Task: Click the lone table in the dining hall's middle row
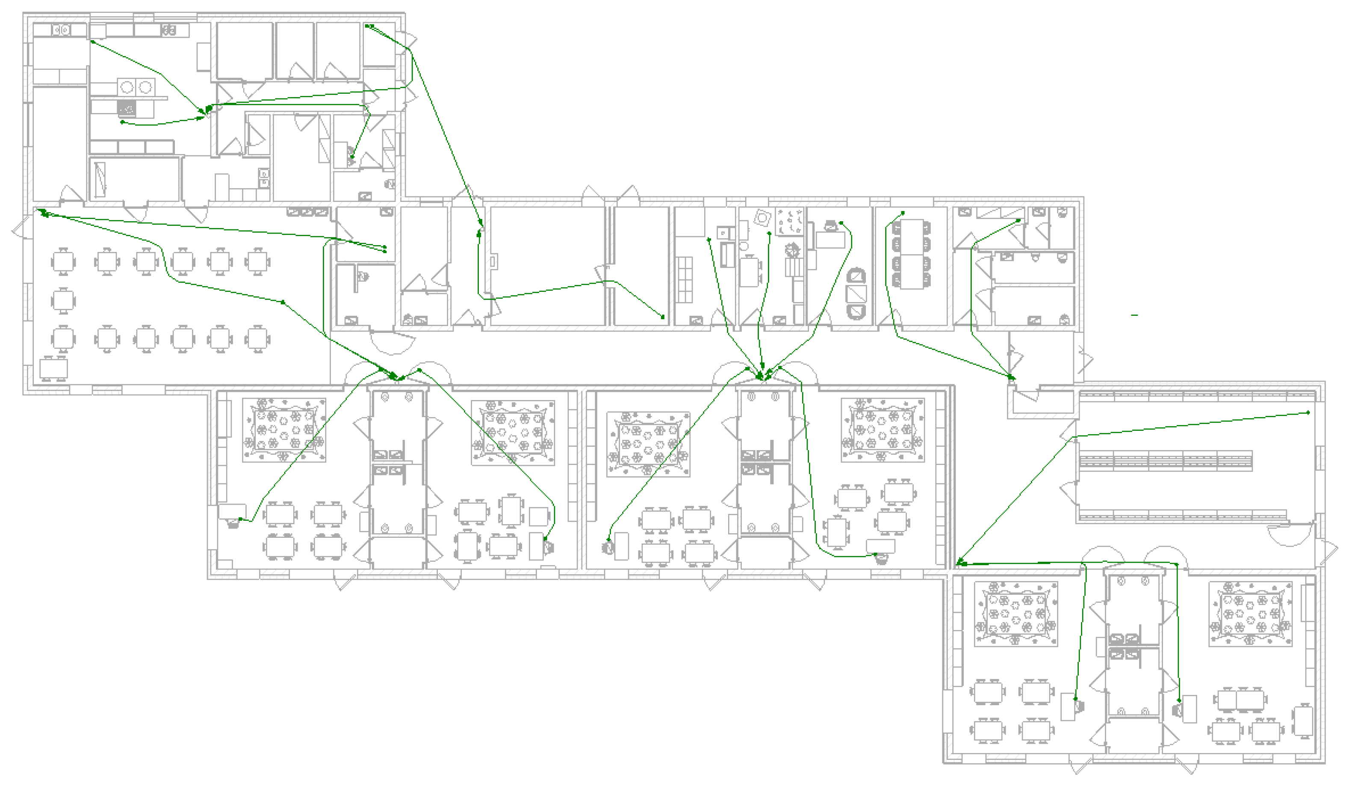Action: click(x=63, y=301)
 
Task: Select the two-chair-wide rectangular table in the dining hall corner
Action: click(x=54, y=369)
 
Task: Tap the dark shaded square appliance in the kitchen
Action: click(x=127, y=109)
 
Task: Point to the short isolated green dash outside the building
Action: click(x=1134, y=315)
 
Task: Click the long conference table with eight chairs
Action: click(x=911, y=254)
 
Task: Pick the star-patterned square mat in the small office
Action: click(x=789, y=221)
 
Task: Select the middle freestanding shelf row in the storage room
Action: click(x=1165, y=460)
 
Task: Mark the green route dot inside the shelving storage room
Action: click(x=1308, y=412)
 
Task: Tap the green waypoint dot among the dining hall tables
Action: click(x=283, y=303)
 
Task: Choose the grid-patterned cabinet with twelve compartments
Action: click(x=685, y=279)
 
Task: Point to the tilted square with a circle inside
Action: click(x=762, y=218)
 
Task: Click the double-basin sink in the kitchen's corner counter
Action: click(x=264, y=178)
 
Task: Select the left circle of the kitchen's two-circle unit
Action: click(x=127, y=86)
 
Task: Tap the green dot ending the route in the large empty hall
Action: click(x=663, y=317)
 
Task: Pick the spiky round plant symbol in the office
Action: click(x=792, y=249)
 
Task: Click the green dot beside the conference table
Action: click(x=903, y=213)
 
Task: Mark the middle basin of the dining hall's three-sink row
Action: click(x=307, y=212)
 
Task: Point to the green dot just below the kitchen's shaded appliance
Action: click(x=122, y=122)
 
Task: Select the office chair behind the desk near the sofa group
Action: click(x=831, y=226)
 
